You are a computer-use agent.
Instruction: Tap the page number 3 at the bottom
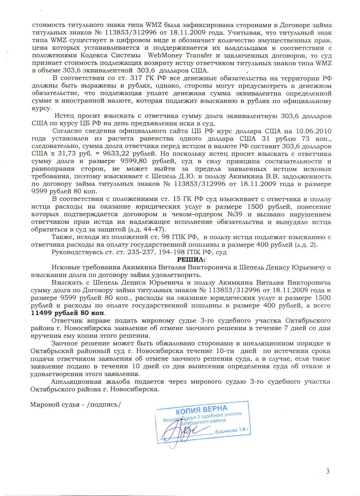tap(328, 471)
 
